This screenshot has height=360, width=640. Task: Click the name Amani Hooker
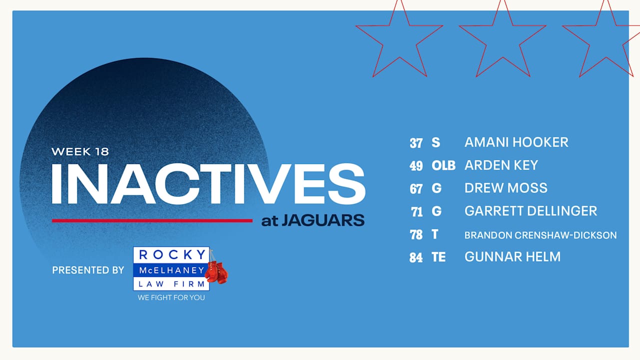[516, 142]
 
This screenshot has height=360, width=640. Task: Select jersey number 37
[416, 143]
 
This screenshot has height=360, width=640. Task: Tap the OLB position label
[443, 165]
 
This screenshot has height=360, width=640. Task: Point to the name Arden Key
[501, 165]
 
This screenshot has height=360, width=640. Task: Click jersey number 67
[416, 188]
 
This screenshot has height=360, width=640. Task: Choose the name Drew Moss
[505, 188]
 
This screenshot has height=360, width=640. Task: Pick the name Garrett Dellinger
[530, 211]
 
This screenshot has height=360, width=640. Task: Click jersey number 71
[416, 212]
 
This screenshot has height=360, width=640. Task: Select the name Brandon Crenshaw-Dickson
[540, 235]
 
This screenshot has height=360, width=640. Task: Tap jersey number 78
[416, 235]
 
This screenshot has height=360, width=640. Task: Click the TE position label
[438, 257]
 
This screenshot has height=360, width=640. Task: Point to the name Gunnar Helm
[512, 257]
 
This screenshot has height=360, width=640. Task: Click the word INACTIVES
[208, 184]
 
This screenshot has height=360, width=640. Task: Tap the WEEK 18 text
[80, 151]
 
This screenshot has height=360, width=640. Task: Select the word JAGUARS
[322, 220]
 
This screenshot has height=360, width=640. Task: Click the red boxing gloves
[217, 272]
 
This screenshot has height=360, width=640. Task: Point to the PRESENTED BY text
[88, 270]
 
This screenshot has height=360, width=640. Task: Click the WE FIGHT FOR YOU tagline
[171, 297]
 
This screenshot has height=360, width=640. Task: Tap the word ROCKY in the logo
[171, 255]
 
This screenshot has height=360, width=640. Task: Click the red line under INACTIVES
[152, 220]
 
